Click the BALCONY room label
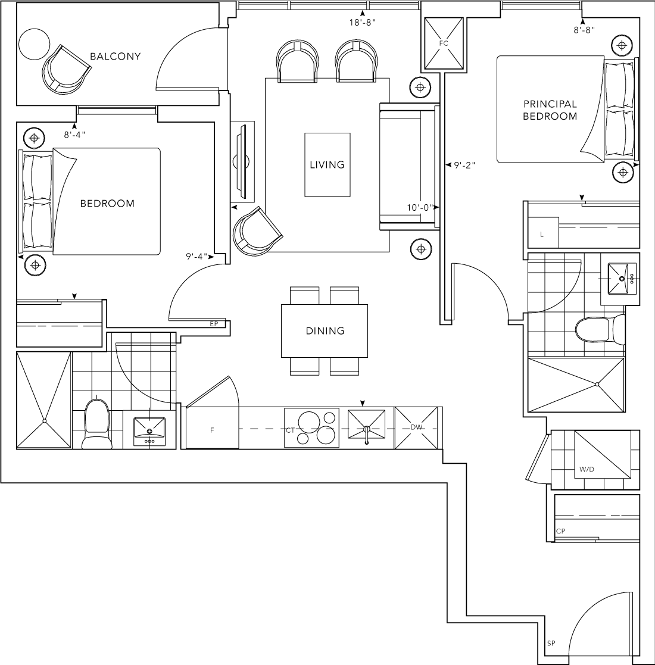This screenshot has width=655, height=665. pos(115,57)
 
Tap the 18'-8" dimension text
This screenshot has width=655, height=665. pos(363,23)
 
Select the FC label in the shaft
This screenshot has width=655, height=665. pos(443,43)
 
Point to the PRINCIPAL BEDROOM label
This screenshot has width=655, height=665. pos(550,110)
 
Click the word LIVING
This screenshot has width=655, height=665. pos(327,164)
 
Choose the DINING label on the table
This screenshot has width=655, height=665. pos(325,331)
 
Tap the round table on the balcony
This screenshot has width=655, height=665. pos(35,44)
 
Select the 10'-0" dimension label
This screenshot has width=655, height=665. pos(420,207)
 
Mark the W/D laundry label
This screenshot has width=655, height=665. pos(587,470)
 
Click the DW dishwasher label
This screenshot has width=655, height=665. pos(416,427)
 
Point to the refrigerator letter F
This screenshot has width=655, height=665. pos(212,430)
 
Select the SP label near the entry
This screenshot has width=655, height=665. pos(551,644)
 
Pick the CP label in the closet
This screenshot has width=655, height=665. pos(560,531)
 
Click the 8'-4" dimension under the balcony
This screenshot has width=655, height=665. pos(74,135)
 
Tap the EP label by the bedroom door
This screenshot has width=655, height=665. pos(214,324)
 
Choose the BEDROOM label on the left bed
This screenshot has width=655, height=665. pos(107,204)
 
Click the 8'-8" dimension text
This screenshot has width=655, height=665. pos(584,30)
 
